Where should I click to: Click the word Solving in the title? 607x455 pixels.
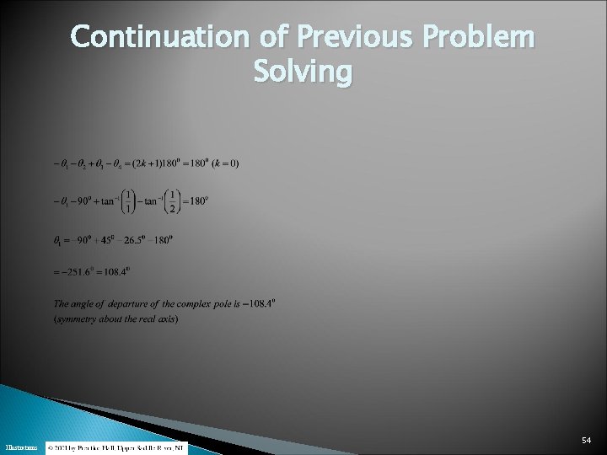click(303, 72)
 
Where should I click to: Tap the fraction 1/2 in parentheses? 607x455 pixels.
click(171, 201)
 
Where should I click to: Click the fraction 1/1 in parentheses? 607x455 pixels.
click(127, 201)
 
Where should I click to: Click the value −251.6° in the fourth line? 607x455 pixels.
click(78, 271)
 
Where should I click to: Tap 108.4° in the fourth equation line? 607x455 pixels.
click(117, 271)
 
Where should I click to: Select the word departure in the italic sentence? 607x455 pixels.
click(138, 303)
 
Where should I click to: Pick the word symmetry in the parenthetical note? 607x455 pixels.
click(76, 318)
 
